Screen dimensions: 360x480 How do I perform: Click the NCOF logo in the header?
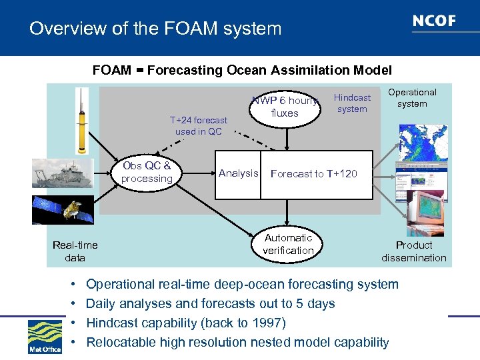point(433,21)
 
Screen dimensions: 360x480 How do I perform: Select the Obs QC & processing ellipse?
point(147,172)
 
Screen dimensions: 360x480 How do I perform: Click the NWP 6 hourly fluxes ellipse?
point(285,107)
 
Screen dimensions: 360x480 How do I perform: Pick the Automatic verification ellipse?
point(288,244)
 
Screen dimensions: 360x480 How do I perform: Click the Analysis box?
point(238,174)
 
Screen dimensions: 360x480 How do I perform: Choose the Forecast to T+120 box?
point(316,175)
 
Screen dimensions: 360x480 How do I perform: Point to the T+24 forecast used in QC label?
point(198,126)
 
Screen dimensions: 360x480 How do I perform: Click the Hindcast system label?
point(352,103)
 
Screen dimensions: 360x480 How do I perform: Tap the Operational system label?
point(412,98)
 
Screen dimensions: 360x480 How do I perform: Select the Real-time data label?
point(75,251)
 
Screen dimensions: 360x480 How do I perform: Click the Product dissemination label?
point(414,251)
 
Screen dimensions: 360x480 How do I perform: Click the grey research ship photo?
point(65,173)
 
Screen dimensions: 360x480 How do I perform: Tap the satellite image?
point(64,209)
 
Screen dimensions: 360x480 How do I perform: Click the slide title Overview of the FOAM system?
point(155,29)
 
